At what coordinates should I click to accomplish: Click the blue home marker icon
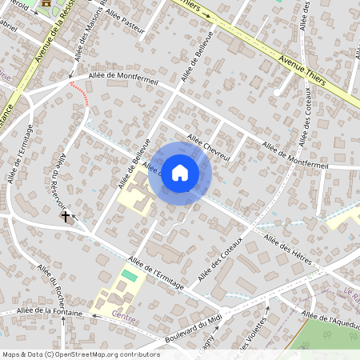(180, 173)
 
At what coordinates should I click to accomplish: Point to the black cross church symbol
(66, 216)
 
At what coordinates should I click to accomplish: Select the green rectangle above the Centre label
(129, 276)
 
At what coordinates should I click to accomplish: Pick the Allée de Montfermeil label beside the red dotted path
(123, 78)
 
